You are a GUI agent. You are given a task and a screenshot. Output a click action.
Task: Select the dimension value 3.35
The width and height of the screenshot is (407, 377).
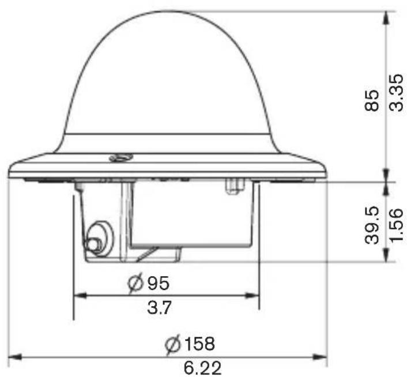point(397,93)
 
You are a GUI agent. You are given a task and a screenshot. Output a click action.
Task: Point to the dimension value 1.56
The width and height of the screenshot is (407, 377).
point(397,225)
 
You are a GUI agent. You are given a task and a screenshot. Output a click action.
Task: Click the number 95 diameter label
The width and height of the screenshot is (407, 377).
point(159,283)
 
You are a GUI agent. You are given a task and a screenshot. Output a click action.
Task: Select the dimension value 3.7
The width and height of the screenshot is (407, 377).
point(159,307)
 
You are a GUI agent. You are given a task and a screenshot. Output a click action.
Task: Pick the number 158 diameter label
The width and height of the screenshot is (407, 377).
point(199,344)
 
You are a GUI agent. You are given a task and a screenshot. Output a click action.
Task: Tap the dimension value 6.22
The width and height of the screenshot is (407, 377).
point(202,368)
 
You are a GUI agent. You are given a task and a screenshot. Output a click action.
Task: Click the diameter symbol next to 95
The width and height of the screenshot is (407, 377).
point(135,284)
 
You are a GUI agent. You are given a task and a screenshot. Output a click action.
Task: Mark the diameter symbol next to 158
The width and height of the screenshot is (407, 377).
point(173,344)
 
